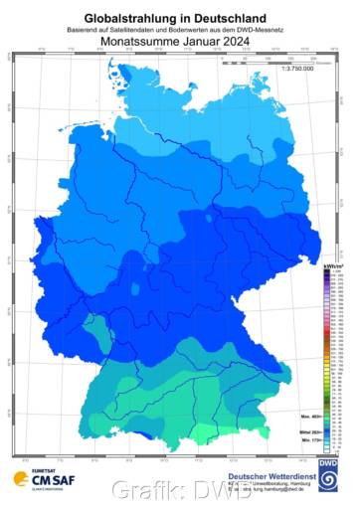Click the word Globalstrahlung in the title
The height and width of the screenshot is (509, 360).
point(136,18)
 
